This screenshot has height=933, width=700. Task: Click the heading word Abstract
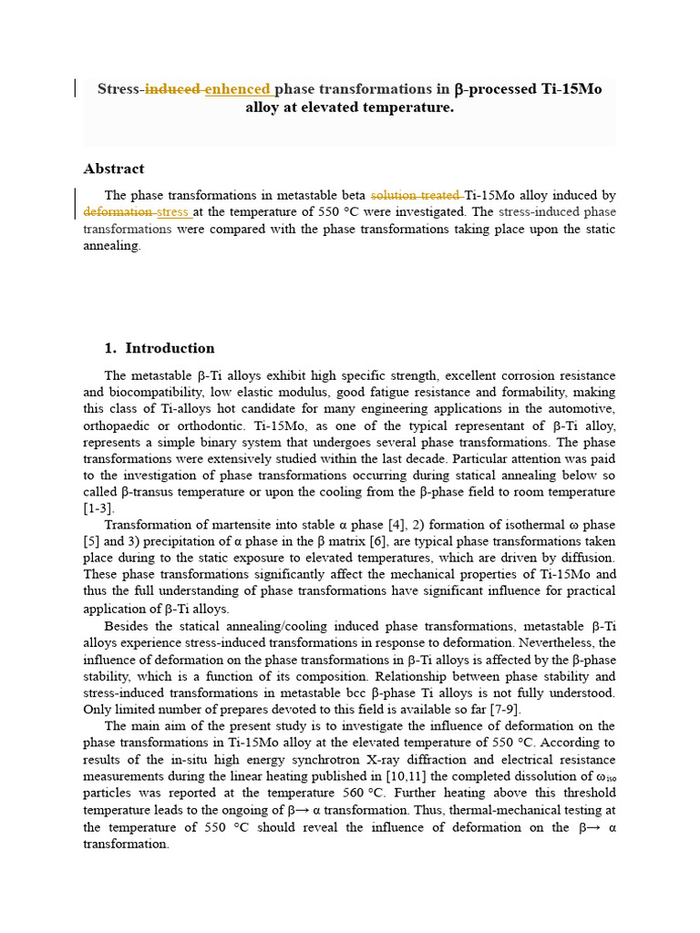114,169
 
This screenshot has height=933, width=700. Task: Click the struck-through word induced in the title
174,89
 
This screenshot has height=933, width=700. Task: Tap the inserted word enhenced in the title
238,89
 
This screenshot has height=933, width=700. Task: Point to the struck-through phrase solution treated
416,196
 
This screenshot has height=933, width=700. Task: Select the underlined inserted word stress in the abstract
172,212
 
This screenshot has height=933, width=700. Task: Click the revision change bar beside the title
75,88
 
